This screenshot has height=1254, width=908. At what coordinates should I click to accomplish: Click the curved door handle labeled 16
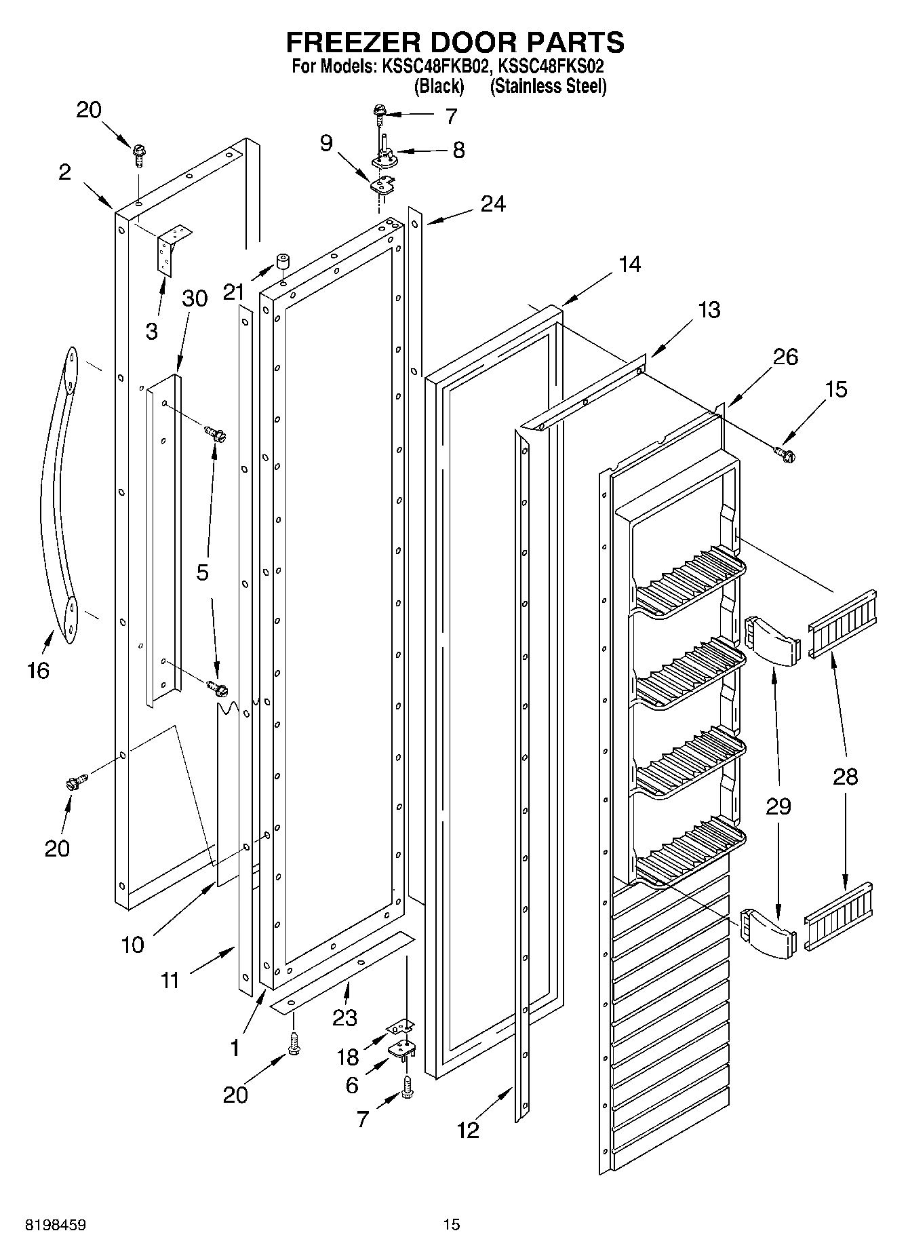[x=57, y=495]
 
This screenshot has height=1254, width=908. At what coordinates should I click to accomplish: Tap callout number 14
[x=629, y=264]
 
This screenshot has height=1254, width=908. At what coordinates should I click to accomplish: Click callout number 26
[x=785, y=357]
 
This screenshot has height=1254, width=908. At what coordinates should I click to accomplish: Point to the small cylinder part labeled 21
[x=283, y=262]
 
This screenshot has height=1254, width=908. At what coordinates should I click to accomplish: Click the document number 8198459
[x=56, y=1226]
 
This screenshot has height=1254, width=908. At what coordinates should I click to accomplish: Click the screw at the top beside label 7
[x=378, y=112]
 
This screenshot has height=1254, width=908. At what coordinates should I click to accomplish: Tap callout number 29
[x=778, y=806]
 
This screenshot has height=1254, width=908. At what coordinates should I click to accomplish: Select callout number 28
[x=845, y=777]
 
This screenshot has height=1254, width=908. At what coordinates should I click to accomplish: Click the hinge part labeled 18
[x=401, y=1030]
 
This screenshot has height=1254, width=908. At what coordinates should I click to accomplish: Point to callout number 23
[x=344, y=1017]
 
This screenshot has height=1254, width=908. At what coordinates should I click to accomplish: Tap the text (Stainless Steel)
[x=548, y=87]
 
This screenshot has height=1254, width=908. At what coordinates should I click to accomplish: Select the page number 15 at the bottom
[x=451, y=1224]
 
